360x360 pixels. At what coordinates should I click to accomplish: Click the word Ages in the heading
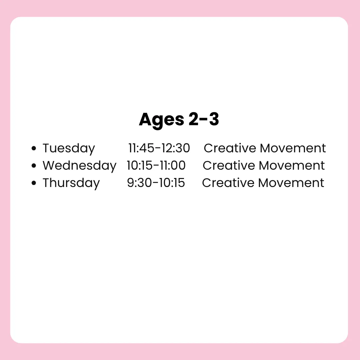(x=161, y=120)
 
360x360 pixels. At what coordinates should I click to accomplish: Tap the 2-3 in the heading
(x=204, y=119)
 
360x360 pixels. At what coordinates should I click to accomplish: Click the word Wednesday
(x=79, y=166)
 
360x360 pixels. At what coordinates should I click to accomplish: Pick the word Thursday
(x=71, y=183)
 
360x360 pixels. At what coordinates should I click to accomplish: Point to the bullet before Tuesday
(x=34, y=148)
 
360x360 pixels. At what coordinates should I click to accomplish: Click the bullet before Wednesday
(x=34, y=166)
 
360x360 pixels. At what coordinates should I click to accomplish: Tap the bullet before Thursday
(x=34, y=183)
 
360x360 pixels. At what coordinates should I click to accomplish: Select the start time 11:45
(x=141, y=148)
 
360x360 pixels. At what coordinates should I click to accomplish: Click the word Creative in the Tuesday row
(x=230, y=148)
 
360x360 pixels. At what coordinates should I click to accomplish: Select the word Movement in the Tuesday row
(x=293, y=148)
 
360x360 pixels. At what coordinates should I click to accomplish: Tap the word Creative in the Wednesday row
(x=229, y=165)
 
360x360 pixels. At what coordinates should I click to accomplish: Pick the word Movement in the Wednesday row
(x=292, y=165)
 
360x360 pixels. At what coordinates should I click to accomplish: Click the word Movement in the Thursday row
(x=291, y=183)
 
